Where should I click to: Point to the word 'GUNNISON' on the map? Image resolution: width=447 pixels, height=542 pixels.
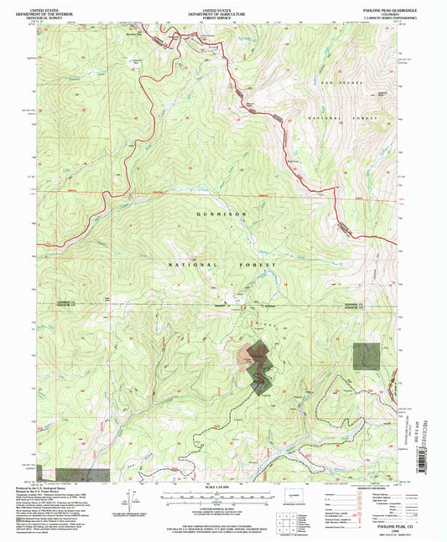click(223, 214)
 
